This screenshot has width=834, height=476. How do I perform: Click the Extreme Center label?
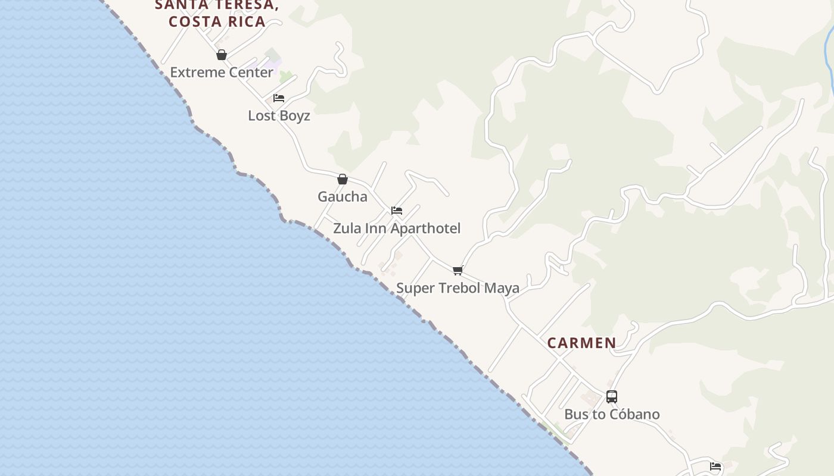click(x=222, y=73)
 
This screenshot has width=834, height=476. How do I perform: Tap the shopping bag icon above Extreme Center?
click(x=222, y=55)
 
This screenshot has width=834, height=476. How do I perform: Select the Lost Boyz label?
click(x=279, y=115)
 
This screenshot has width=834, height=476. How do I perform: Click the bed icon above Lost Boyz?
click(x=279, y=98)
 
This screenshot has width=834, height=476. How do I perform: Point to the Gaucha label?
click(x=343, y=196)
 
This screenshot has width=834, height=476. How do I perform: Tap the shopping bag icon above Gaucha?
click(x=343, y=179)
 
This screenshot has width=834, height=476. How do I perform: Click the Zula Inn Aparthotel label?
click(x=397, y=228)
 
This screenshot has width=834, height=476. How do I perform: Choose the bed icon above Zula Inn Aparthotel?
click(x=397, y=211)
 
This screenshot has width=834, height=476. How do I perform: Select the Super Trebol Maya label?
click(x=458, y=288)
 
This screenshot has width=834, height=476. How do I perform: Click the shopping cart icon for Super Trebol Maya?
click(x=458, y=271)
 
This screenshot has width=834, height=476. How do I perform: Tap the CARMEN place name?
click(x=581, y=343)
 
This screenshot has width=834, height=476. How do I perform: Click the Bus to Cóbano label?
click(x=612, y=414)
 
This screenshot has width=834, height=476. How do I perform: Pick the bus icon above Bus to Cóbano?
click(x=612, y=397)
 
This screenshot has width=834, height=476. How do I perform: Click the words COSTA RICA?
click(x=217, y=21)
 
